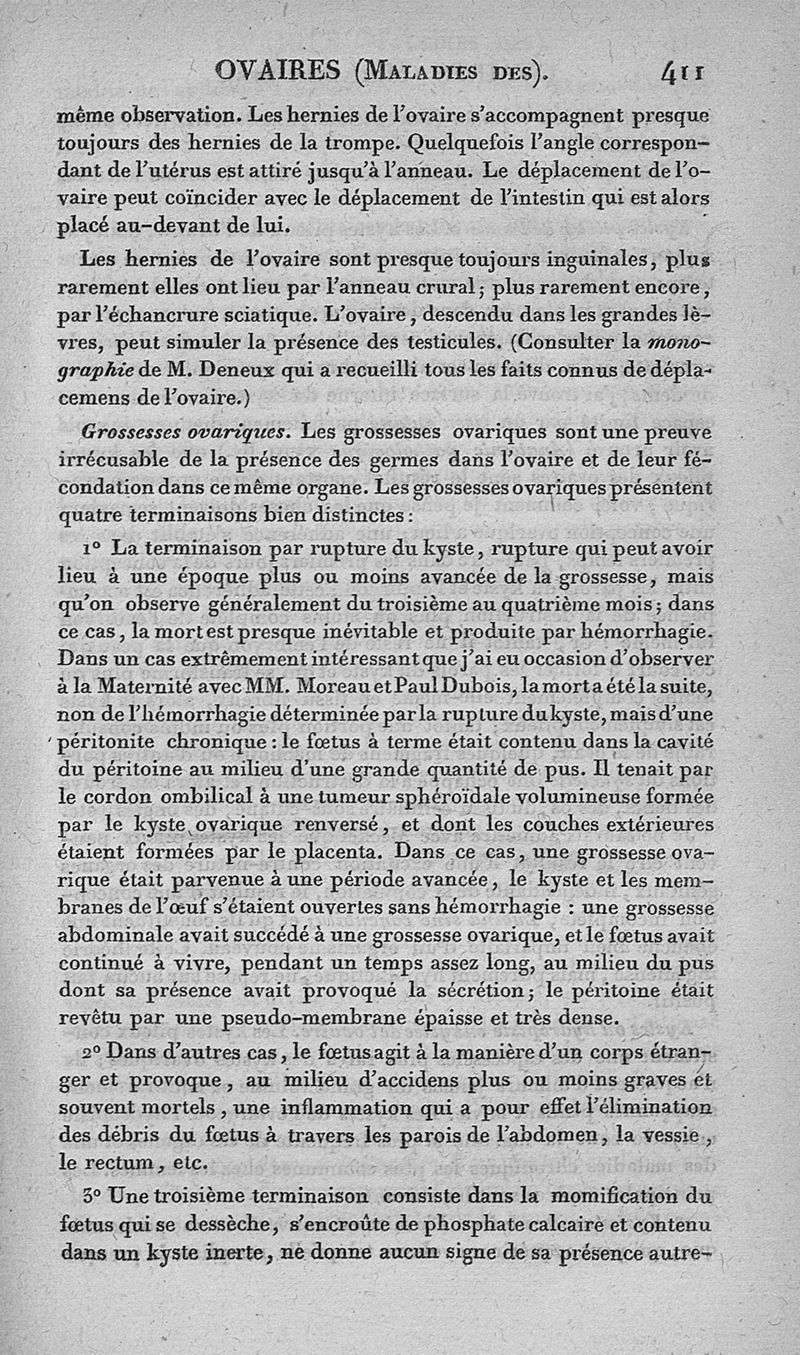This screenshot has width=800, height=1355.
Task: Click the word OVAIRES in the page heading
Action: coord(277,72)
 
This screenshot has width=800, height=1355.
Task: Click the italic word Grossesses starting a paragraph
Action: coord(130,432)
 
